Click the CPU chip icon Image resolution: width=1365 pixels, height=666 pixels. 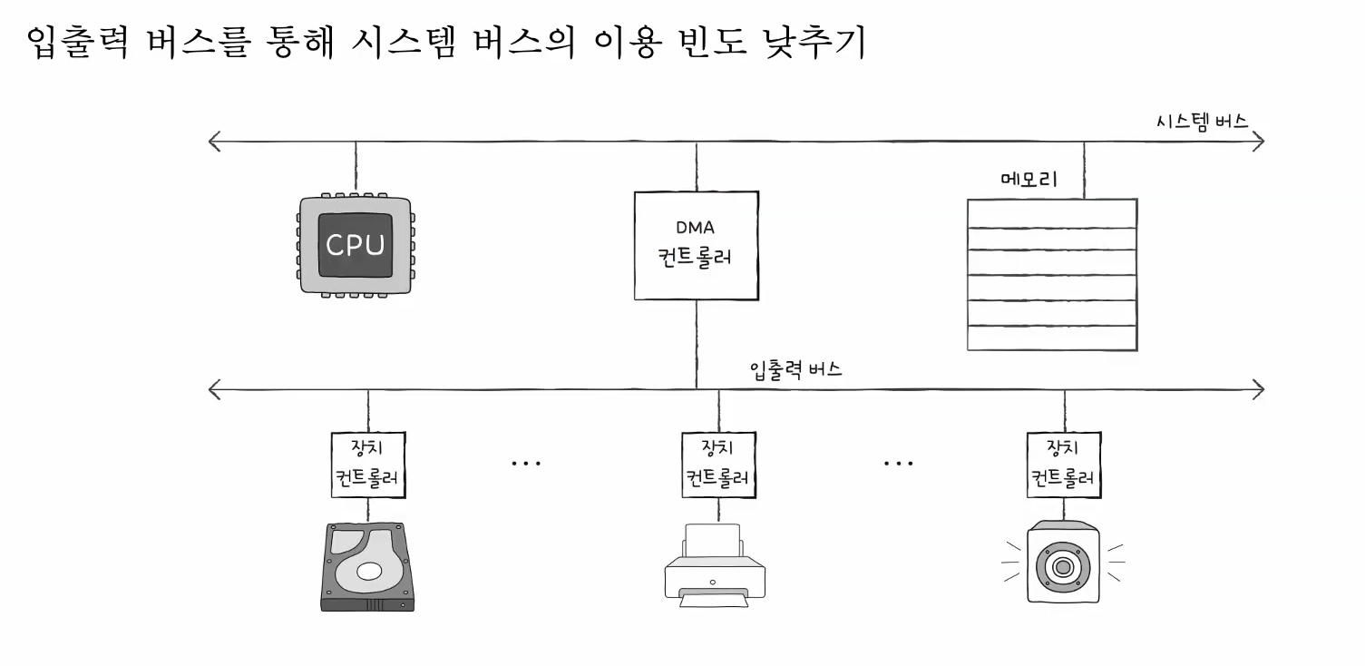coord(355,245)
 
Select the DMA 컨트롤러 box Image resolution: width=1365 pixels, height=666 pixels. coord(696,245)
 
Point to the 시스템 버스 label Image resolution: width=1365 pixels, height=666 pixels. coord(1202,122)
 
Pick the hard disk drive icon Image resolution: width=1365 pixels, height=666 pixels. coord(367,567)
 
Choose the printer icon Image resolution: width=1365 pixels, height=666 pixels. coord(715,563)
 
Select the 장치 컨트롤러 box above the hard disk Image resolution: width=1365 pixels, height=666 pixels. coord(367,464)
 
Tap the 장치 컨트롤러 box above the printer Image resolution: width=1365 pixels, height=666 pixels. coord(718,464)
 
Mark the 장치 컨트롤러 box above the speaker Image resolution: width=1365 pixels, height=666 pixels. coord(1064,464)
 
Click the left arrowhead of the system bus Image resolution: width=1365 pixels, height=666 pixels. coord(214,141)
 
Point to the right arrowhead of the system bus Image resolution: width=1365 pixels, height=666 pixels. coord(1258,141)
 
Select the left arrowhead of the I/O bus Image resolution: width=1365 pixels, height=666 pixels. coord(214,390)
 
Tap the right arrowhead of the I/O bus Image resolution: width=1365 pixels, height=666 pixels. coord(1258,390)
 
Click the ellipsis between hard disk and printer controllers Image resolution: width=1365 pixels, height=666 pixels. coord(526,464)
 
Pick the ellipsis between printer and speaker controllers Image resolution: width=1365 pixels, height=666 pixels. coord(898,464)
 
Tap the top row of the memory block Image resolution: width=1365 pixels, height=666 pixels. coord(1052,213)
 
